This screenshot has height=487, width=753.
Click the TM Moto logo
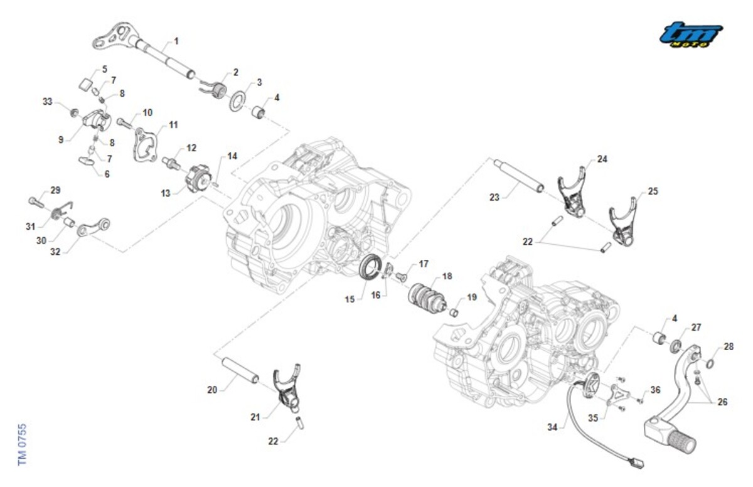pyautogui.click(x=691, y=35)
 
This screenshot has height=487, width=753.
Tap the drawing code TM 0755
pyautogui.click(x=22, y=445)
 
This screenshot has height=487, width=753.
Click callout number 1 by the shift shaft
pyautogui.click(x=176, y=41)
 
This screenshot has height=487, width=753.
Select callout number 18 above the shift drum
pyautogui.click(x=447, y=276)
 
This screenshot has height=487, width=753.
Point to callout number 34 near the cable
pyautogui.click(x=552, y=427)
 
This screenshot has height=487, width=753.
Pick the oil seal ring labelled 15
pyautogui.click(x=370, y=267)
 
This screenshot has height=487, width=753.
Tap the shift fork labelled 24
pyautogui.click(x=572, y=191)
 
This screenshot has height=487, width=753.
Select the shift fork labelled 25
pyautogui.click(x=623, y=222)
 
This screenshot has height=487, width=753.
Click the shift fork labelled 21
pyautogui.click(x=287, y=388)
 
